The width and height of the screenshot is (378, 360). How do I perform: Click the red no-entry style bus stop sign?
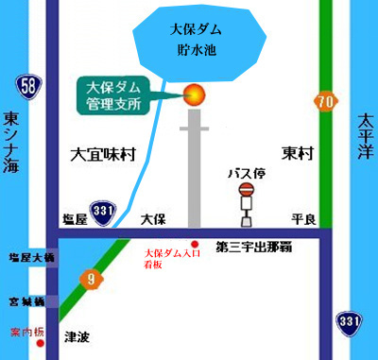[248, 192]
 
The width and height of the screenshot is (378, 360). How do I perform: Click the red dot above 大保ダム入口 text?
[196, 245]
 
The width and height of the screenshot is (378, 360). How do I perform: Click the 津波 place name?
[77, 335]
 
